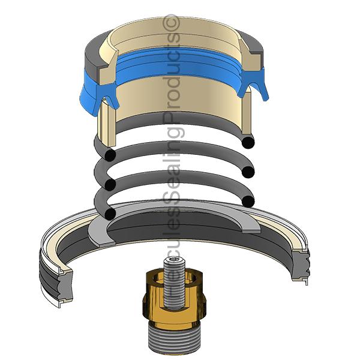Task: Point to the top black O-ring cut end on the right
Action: coord(247,141)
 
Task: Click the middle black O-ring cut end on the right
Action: coord(247,173)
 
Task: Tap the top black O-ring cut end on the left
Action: coord(108,155)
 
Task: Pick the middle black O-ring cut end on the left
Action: coord(108,183)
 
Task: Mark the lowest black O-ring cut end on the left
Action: coord(109,213)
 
